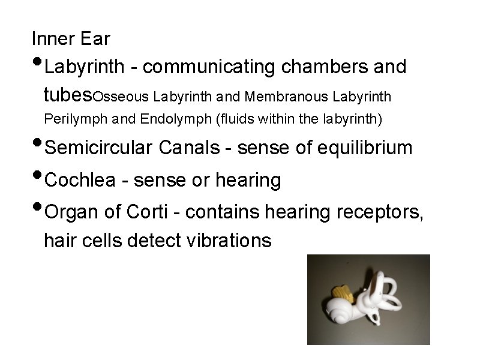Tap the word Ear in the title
[95, 39]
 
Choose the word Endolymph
[169, 119]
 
